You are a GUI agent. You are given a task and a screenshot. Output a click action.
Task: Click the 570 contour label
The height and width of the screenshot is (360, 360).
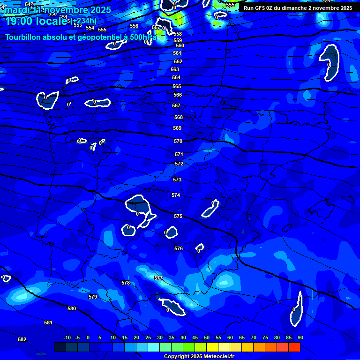(178, 141)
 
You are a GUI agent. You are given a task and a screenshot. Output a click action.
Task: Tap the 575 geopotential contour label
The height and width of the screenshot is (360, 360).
(178, 216)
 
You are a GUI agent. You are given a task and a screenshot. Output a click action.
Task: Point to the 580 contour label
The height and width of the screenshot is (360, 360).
(72, 308)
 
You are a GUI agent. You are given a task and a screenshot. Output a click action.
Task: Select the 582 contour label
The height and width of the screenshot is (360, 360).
(22, 339)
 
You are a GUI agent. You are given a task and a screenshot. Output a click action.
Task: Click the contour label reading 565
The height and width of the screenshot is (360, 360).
(177, 87)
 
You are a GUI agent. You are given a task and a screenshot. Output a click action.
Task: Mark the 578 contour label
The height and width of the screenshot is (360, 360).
(126, 283)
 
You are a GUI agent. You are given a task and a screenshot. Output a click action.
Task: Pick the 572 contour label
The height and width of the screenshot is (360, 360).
(179, 164)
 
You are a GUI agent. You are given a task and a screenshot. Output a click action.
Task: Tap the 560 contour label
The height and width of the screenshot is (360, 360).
(180, 45)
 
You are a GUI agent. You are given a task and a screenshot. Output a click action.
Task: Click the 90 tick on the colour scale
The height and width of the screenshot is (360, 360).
(300, 337)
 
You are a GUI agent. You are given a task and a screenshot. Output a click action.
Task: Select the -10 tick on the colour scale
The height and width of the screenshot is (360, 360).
(67, 337)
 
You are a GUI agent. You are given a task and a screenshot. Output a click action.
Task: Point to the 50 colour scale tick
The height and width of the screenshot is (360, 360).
(207, 337)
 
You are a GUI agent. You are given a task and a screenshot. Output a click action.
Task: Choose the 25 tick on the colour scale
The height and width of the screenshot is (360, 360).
(148, 337)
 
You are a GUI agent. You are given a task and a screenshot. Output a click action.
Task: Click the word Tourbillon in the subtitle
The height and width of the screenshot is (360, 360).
(24, 37)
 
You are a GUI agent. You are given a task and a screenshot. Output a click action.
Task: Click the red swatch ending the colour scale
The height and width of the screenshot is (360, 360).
(294, 347)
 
